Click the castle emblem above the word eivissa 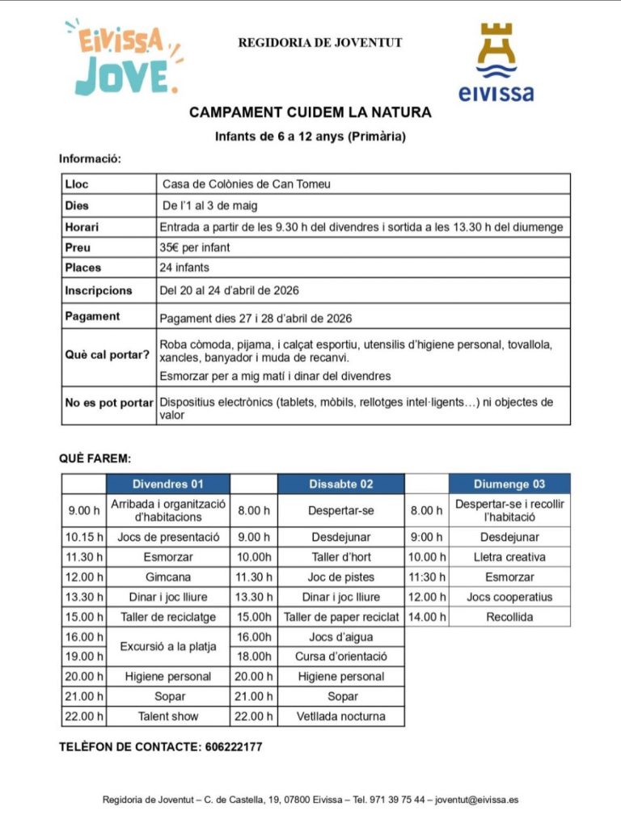tap(496, 51)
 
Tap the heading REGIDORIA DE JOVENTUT tap(319, 43)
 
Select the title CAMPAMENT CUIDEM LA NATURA tap(310, 112)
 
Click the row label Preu tap(78, 247)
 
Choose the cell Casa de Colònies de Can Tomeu tap(247, 184)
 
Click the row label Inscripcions tap(98, 290)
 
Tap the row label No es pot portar tap(108, 402)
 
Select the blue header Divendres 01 tap(167, 484)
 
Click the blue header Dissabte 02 tap(340, 484)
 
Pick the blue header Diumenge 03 tap(509, 484)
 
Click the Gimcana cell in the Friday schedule tap(168, 577)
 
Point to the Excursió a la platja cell tap(168, 647)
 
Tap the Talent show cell tap(168, 716)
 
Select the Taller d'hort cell tap(340, 557)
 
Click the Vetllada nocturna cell tap(340, 716)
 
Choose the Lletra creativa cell tap(509, 557)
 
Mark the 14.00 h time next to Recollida tap(426, 617)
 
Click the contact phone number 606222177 tap(231, 747)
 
